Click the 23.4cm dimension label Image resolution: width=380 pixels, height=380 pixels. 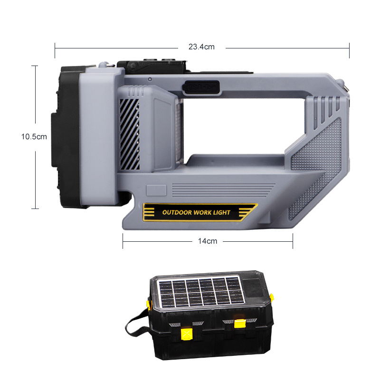201,47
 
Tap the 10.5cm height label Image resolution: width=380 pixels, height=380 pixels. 34,137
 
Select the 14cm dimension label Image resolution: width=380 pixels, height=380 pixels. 208,241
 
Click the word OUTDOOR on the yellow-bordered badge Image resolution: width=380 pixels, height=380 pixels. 177,212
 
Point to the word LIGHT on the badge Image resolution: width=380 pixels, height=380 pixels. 221,212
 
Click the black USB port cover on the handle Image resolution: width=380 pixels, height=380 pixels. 201,87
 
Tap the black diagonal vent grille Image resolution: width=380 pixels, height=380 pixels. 129,134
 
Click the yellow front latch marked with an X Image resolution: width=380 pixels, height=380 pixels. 187,334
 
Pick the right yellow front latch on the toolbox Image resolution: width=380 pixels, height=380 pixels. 240,323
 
